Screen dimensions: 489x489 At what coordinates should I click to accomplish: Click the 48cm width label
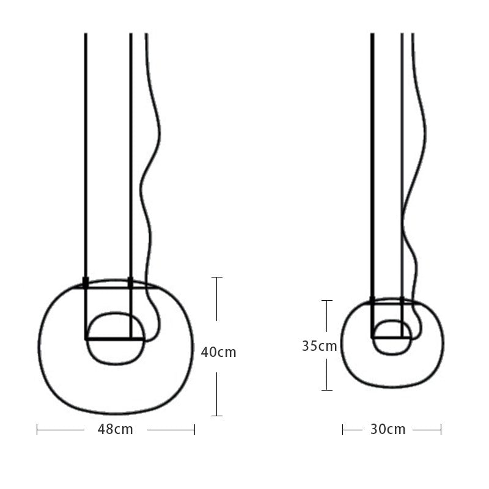115,429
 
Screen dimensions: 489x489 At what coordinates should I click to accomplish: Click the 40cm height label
218,352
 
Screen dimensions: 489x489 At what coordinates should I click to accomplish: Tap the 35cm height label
319,346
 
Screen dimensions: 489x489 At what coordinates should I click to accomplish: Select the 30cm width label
388,429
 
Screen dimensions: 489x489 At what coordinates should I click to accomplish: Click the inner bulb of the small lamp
392,345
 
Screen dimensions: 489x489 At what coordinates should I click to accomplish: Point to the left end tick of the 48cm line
37,430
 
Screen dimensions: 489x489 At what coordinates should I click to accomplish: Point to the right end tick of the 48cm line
194,430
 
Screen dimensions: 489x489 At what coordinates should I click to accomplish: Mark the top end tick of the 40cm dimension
216,278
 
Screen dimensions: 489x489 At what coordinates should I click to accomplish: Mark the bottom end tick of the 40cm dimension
216,416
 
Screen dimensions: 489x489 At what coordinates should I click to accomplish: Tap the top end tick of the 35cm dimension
327,301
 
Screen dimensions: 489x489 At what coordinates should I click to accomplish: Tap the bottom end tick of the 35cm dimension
327,390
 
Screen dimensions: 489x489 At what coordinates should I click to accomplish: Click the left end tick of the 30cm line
343,430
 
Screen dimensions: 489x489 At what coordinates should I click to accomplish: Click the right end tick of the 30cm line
441,430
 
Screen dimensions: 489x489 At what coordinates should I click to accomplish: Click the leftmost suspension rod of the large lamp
86,153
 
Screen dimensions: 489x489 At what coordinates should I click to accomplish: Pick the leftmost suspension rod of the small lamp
372,153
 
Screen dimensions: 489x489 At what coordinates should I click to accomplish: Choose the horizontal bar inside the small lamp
391,337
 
